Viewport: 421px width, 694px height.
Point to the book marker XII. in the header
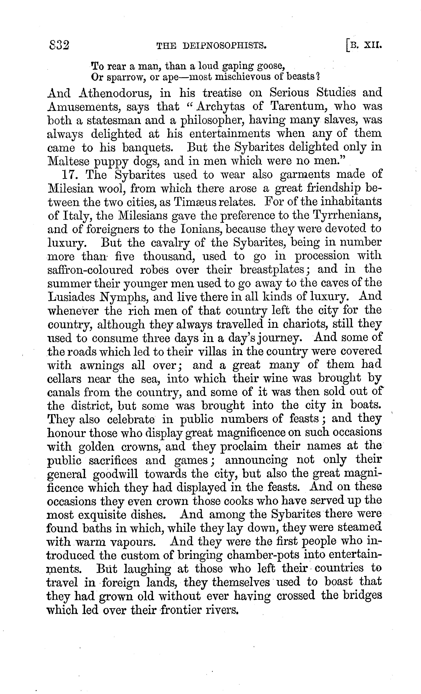373,45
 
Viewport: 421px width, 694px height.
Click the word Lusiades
74,297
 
